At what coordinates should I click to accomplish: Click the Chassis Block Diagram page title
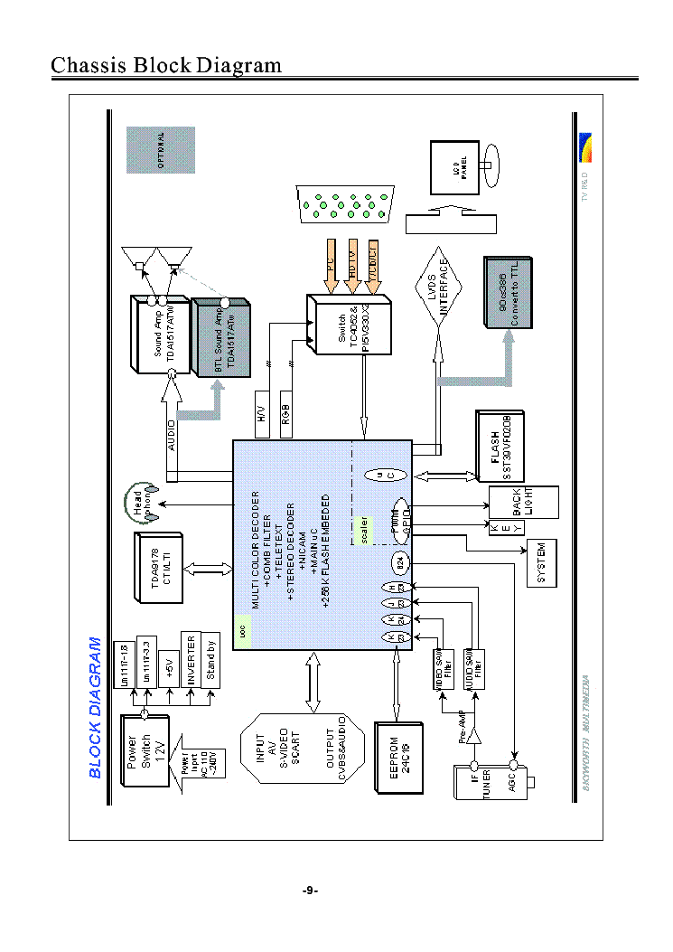[x=166, y=65]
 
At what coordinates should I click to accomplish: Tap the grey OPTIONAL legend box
[x=161, y=150]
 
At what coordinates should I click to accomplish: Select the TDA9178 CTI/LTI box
[x=159, y=568]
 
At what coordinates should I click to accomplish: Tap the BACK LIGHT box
[x=523, y=502]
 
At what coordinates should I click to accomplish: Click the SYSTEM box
[x=541, y=563]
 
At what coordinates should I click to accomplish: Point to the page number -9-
[x=310, y=891]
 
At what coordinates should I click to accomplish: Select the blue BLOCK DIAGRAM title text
[x=95, y=708]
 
